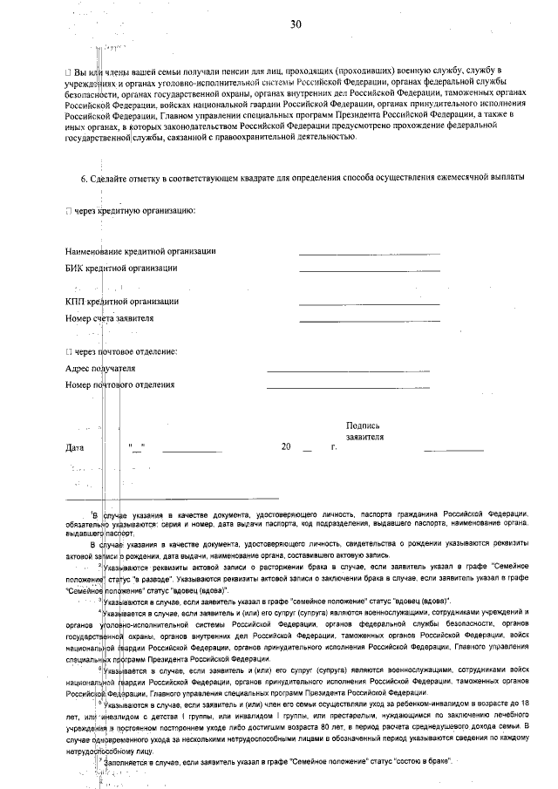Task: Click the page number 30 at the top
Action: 296,24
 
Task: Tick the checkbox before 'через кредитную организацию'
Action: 68,212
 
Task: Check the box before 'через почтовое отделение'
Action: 68,351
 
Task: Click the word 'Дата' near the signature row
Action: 75,448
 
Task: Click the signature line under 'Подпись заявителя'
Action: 453,451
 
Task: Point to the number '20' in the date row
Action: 286,447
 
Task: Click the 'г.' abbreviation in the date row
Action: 333,447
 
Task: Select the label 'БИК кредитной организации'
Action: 121,268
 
